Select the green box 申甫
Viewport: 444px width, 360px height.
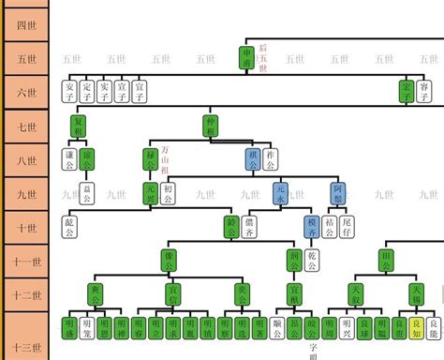(x=246, y=57)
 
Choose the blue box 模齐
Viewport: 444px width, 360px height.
(x=312, y=227)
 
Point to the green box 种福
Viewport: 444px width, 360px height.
(x=212, y=126)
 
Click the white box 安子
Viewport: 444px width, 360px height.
(x=70, y=92)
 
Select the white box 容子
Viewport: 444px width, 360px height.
(x=424, y=92)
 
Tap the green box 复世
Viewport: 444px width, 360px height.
(x=79, y=126)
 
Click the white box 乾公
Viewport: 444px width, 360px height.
(x=314, y=261)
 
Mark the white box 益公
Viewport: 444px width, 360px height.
(x=88, y=194)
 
